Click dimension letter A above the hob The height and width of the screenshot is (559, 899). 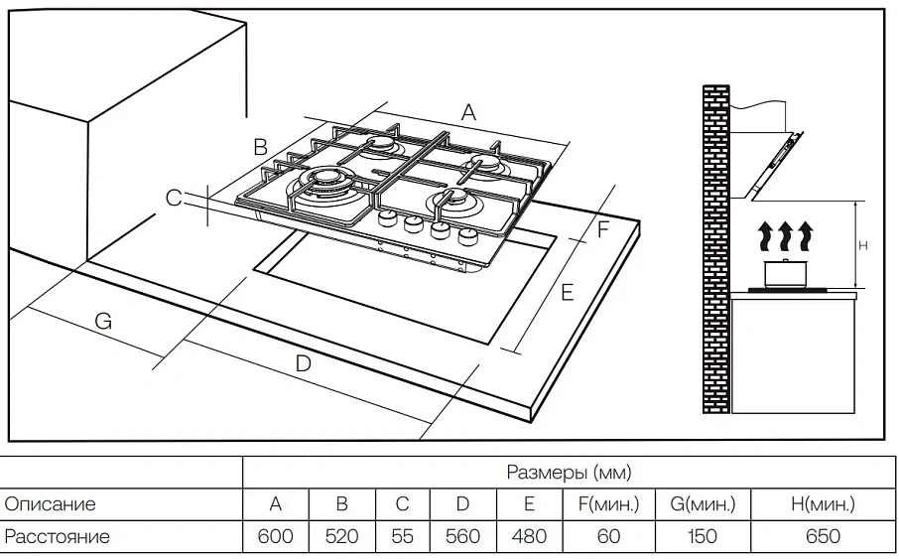469,112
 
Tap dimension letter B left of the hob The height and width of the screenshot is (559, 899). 260,147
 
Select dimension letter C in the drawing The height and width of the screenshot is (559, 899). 174,199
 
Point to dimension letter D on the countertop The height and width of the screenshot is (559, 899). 304,363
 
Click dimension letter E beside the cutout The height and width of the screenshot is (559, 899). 567,292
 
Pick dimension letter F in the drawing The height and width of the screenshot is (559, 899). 602,229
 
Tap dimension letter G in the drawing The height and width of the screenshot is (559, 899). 103,321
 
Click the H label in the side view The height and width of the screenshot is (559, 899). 863,244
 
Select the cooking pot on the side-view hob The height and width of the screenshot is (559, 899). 785,272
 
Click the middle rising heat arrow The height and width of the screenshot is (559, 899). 786,236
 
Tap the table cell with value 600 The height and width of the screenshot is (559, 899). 275,537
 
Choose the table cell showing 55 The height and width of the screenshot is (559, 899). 402,537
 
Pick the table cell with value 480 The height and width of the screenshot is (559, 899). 529,537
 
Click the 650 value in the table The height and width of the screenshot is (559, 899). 823,537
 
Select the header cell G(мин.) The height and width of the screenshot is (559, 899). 703,504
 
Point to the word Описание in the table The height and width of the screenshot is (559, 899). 51,504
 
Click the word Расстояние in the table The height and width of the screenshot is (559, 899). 58,537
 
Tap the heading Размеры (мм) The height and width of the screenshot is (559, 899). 569,472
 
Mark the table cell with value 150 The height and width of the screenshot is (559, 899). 703,537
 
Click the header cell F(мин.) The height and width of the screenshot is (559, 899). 609,504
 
